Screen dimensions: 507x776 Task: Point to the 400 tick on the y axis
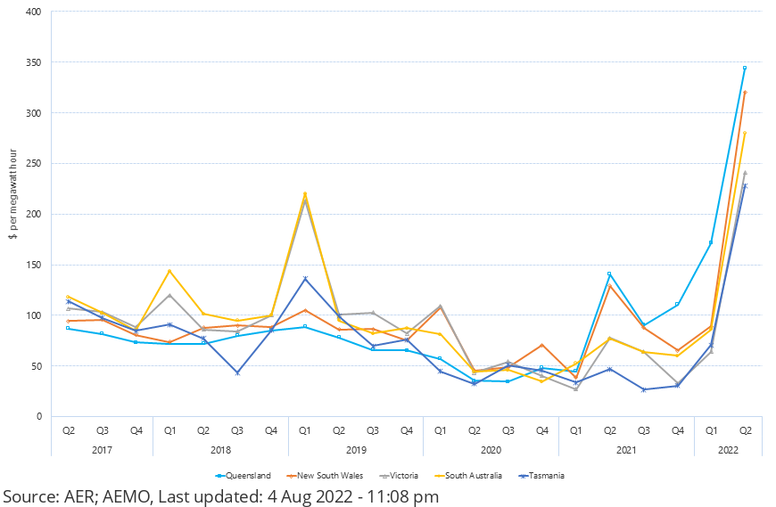point(35,12)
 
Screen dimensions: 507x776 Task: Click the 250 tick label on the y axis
point(35,163)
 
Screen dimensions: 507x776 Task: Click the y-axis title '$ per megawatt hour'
point(12,214)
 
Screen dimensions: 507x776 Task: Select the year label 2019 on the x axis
point(355,449)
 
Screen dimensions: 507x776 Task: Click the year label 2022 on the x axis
point(728,449)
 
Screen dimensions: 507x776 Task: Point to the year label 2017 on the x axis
point(102,449)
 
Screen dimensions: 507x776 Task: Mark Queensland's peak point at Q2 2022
point(745,68)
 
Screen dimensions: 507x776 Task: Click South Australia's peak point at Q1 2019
point(305,193)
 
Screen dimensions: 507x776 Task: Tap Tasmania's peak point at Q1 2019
point(305,279)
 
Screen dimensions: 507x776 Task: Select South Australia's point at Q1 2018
point(169,271)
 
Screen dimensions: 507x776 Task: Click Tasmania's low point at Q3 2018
point(237,372)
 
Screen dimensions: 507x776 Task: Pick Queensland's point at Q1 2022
point(711,242)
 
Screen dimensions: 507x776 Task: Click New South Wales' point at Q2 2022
point(745,92)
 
